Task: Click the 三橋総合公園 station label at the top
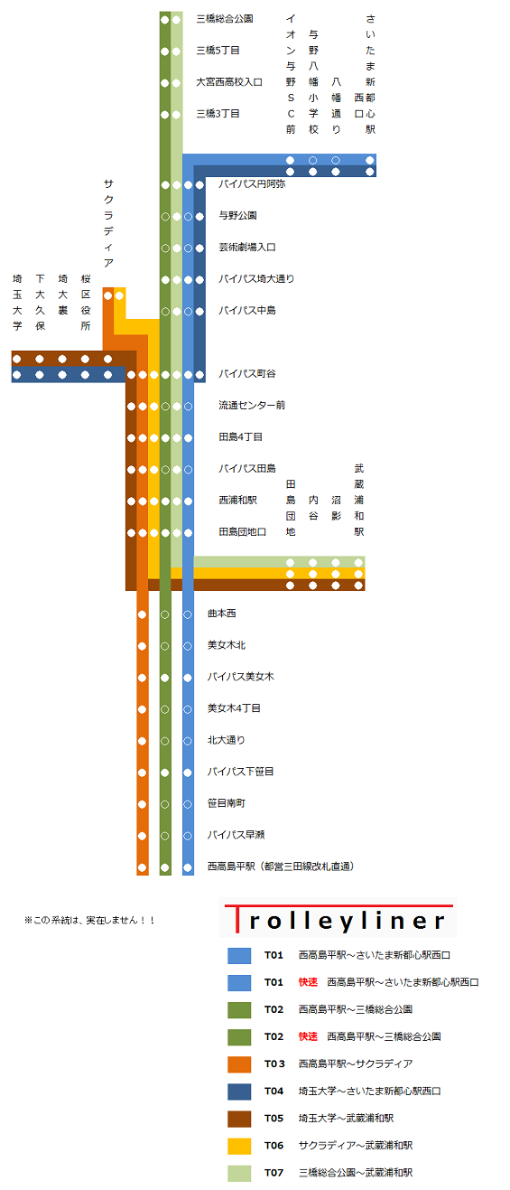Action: tap(225, 19)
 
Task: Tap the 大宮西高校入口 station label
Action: tap(229, 82)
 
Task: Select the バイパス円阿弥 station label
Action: tap(252, 184)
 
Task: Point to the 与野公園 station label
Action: tap(237, 216)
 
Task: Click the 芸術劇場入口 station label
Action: tap(247, 248)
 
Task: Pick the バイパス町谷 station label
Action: tap(247, 374)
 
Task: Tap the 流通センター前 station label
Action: tap(252, 406)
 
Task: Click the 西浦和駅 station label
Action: tap(237, 501)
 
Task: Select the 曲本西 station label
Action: tap(222, 614)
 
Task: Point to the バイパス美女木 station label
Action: tap(240, 678)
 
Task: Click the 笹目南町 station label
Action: tap(227, 804)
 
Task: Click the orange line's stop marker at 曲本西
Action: tap(143, 614)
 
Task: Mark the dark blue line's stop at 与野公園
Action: tap(199, 216)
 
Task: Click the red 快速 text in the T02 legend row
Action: tap(308, 1036)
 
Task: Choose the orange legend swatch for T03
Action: tap(239, 1064)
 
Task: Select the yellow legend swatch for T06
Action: tap(239, 1146)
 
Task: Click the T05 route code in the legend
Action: tap(274, 1119)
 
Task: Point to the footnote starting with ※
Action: tap(89, 920)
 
